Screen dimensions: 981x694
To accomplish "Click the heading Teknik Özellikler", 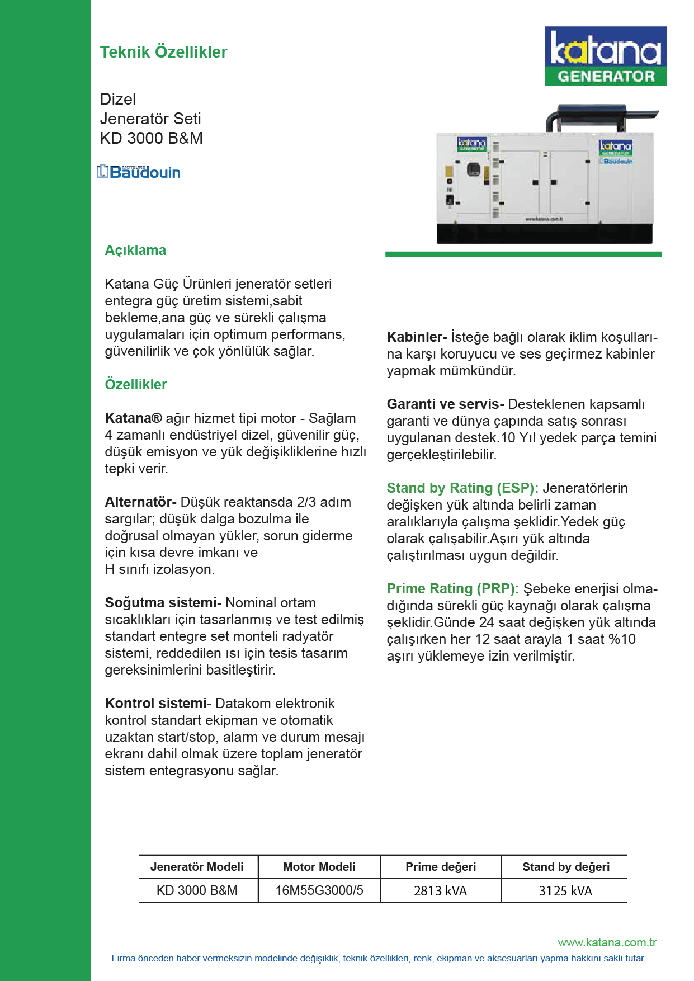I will pyautogui.click(x=163, y=52).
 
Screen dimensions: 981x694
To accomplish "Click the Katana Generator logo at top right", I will pyautogui.click(x=605, y=56).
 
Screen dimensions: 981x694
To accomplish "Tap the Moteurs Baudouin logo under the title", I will pyautogui.click(x=139, y=172).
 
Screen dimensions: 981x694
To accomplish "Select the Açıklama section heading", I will pyautogui.click(x=135, y=250).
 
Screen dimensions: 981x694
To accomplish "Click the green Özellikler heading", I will pyautogui.click(x=136, y=384).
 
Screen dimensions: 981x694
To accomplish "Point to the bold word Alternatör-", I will pyautogui.click(x=140, y=502).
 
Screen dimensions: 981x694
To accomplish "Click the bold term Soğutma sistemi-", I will pyautogui.click(x=163, y=602).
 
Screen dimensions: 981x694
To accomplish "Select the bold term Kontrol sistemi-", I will pyautogui.click(x=158, y=703).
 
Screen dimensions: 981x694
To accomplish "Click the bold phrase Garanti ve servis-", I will pyautogui.click(x=445, y=404).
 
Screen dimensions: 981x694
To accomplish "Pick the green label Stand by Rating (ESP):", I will pyautogui.click(x=462, y=488).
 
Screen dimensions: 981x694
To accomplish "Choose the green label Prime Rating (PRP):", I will pyautogui.click(x=452, y=588).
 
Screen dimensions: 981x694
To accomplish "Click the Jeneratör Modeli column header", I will pyautogui.click(x=197, y=866).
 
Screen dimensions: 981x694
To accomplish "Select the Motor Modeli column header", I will pyautogui.click(x=319, y=866).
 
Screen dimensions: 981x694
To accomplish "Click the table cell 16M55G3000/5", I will pyautogui.click(x=319, y=890).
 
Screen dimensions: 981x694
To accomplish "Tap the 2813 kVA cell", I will pyautogui.click(x=440, y=890).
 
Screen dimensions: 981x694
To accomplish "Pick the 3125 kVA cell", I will pyautogui.click(x=565, y=890).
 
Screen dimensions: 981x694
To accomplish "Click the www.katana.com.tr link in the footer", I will pyautogui.click(x=607, y=942).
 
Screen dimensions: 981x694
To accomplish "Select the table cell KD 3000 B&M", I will pyautogui.click(x=197, y=890).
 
